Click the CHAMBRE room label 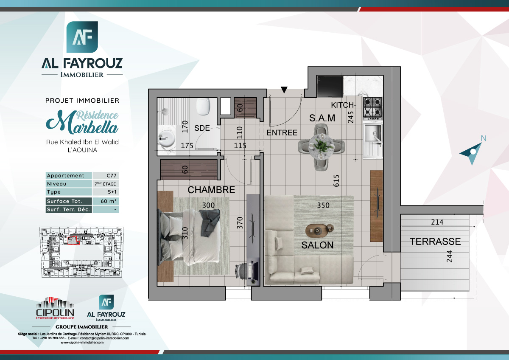coord(211,190)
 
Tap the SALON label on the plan coord(317,245)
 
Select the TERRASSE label coord(435,242)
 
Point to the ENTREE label coord(282,133)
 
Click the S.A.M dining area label coord(322,118)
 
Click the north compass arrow coord(473,152)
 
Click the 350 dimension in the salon coord(324,205)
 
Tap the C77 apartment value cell coord(106,176)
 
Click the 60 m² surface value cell coord(106,201)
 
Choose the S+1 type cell coord(106,192)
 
